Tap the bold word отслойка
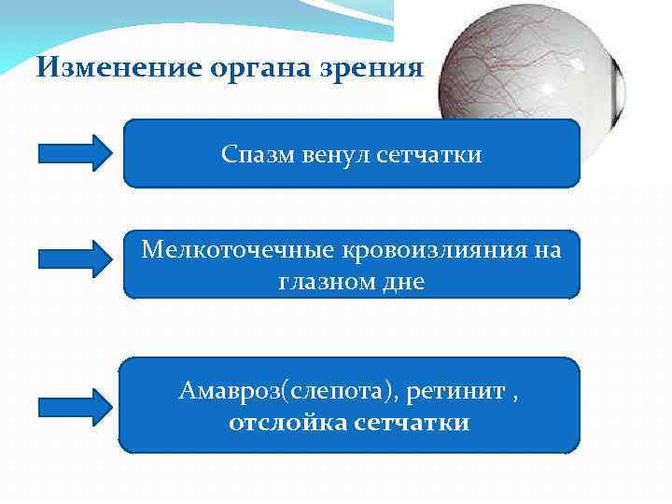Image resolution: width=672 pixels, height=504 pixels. (289, 423)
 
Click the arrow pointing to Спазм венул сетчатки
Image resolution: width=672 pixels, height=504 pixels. (74, 153)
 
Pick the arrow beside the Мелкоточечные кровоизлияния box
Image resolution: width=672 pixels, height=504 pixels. (74, 259)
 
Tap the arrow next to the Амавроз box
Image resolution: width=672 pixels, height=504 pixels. (74, 406)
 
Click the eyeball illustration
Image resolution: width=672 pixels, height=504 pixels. (523, 75)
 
